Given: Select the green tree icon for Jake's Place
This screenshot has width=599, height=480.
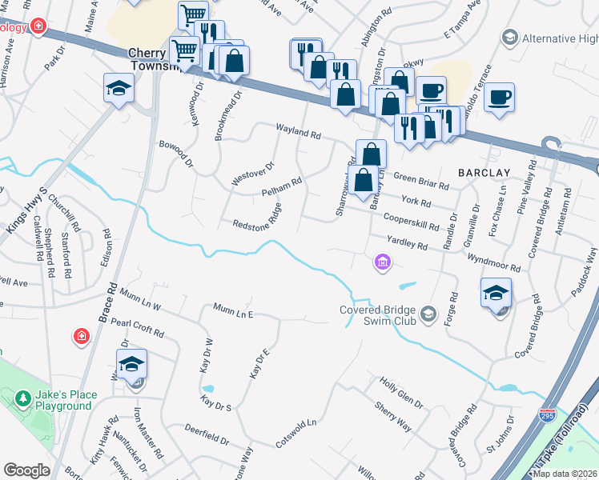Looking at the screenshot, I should click(23, 398).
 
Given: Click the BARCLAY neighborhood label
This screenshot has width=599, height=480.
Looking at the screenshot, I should click(484, 173).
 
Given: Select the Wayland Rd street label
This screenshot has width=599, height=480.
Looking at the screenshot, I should click(298, 132).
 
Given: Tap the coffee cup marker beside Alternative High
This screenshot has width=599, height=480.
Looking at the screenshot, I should click(499, 98).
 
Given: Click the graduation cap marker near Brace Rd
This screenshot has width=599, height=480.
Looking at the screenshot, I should click(119, 87).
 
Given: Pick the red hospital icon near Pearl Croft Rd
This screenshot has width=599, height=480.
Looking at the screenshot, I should click(81, 336).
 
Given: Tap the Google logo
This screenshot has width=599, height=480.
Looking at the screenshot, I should click(26, 470).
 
